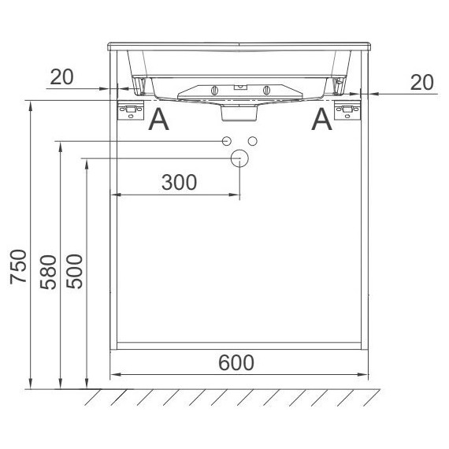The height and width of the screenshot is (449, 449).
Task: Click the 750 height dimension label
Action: click(18, 266)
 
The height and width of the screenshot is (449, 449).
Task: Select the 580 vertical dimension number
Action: click(48, 272)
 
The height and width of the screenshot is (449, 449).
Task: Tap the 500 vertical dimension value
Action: click(74, 271)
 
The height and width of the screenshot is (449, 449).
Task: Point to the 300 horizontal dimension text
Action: click(180, 182)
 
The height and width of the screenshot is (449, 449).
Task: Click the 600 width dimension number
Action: click(236, 362)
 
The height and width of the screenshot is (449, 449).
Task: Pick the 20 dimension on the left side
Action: click(62, 77)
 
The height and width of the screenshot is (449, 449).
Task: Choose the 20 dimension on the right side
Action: click(421, 83)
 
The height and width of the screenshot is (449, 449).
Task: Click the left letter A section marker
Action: click(158, 120)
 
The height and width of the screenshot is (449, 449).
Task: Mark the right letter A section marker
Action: click(322, 120)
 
